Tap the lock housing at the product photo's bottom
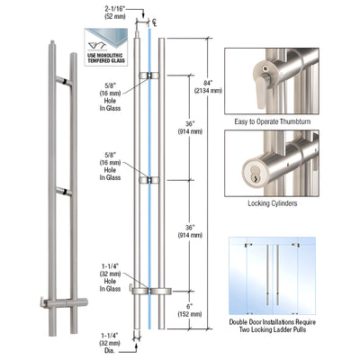point(57,301)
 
